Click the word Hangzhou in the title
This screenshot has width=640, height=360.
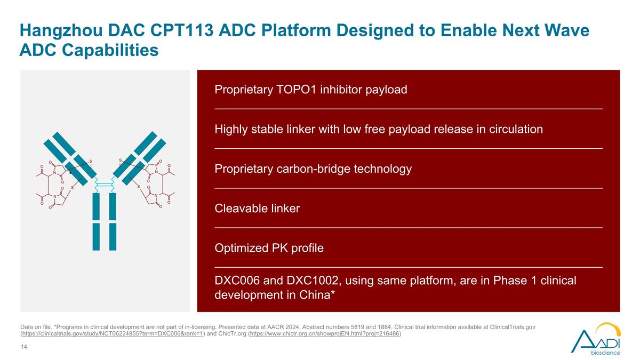61,31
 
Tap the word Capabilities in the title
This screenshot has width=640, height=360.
110,50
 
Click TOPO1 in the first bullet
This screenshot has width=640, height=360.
297,90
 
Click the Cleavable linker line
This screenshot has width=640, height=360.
257,209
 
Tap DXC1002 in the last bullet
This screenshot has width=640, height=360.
314,281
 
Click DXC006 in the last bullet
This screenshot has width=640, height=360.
237,281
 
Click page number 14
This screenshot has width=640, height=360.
23,347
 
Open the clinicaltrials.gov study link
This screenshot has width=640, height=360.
113,334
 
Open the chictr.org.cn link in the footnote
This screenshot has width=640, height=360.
325,334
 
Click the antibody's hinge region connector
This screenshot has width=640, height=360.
105,185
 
